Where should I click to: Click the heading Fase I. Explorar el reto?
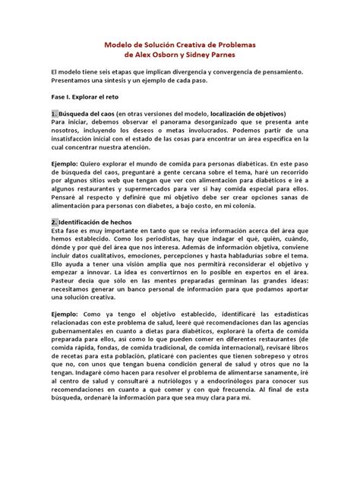(x=87, y=98)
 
